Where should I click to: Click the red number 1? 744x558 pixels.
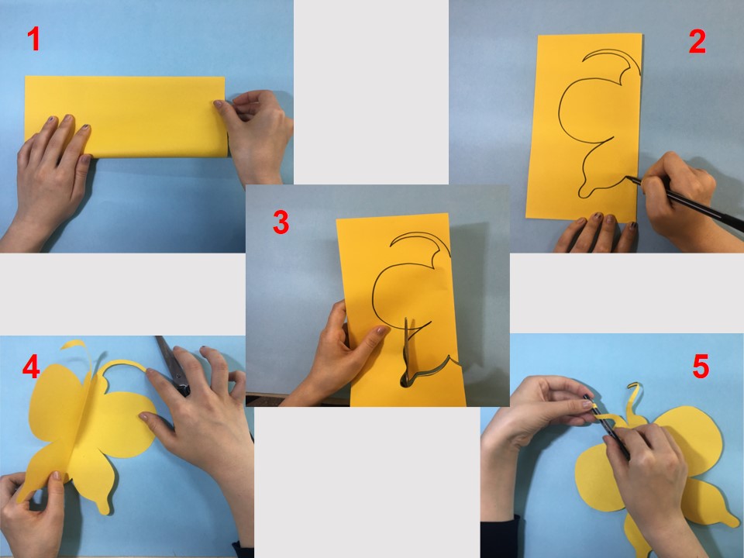(x=33, y=39)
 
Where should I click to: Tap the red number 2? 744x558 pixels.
(x=697, y=41)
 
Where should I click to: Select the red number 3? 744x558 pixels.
(x=281, y=222)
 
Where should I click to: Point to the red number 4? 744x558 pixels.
(x=31, y=366)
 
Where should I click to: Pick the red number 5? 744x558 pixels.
(x=701, y=367)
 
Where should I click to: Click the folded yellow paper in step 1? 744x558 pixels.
(x=126, y=116)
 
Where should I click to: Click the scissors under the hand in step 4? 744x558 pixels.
(x=174, y=366)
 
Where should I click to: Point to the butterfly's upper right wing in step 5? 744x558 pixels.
(x=693, y=439)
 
